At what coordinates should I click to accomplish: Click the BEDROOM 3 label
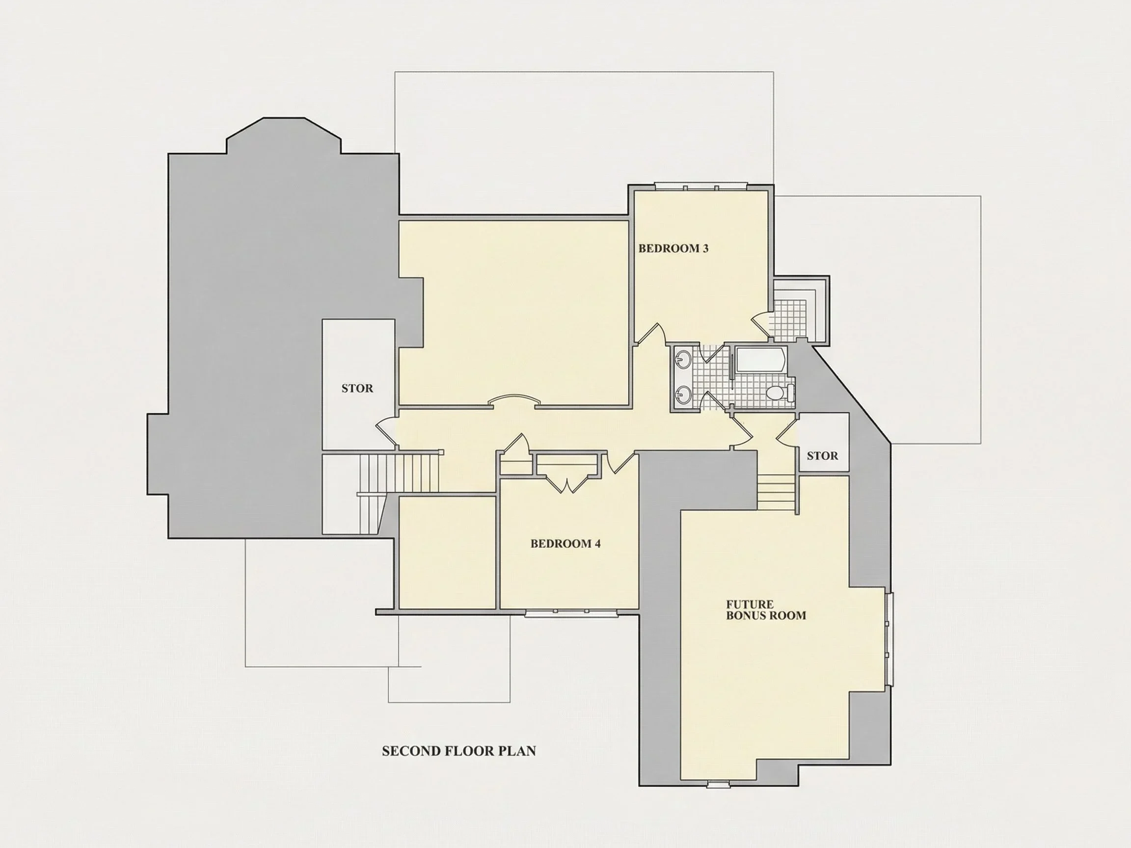pyautogui.click(x=673, y=248)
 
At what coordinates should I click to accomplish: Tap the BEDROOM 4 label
pyautogui.click(x=565, y=543)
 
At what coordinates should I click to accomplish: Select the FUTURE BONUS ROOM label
pyautogui.click(x=766, y=610)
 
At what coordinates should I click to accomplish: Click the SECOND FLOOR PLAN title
pyautogui.click(x=459, y=751)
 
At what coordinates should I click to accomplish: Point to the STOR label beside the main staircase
pyautogui.click(x=357, y=389)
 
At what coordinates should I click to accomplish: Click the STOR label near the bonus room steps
pyautogui.click(x=823, y=456)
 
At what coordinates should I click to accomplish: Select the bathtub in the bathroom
pyautogui.click(x=761, y=360)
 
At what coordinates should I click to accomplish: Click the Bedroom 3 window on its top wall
pyautogui.click(x=701, y=186)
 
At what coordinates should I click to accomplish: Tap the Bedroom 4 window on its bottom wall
pyautogui.click(x=571, y=612)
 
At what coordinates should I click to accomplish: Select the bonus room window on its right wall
pyautogui.click(x=889, y=638)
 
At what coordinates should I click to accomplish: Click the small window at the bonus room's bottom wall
pyautogui.click(x=718, y=784)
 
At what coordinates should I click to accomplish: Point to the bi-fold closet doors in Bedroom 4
pyautogui.click(x=567, y=484)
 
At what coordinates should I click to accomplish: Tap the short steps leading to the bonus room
pyautogui.click(x=776, y=492)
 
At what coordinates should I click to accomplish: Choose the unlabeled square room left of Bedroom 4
pyautogui.click(x=447, y=553)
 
